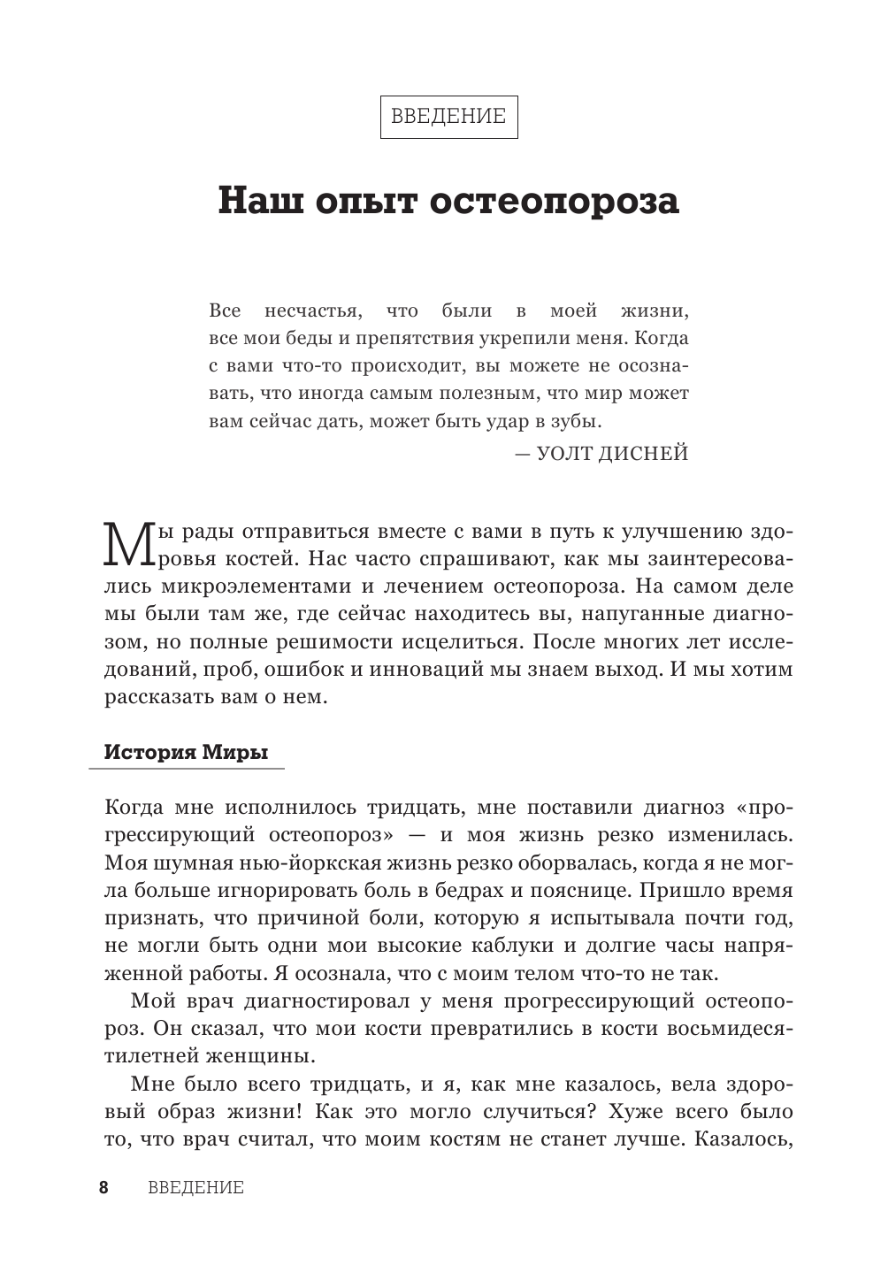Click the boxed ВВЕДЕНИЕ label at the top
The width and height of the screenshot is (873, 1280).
[448, 116]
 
